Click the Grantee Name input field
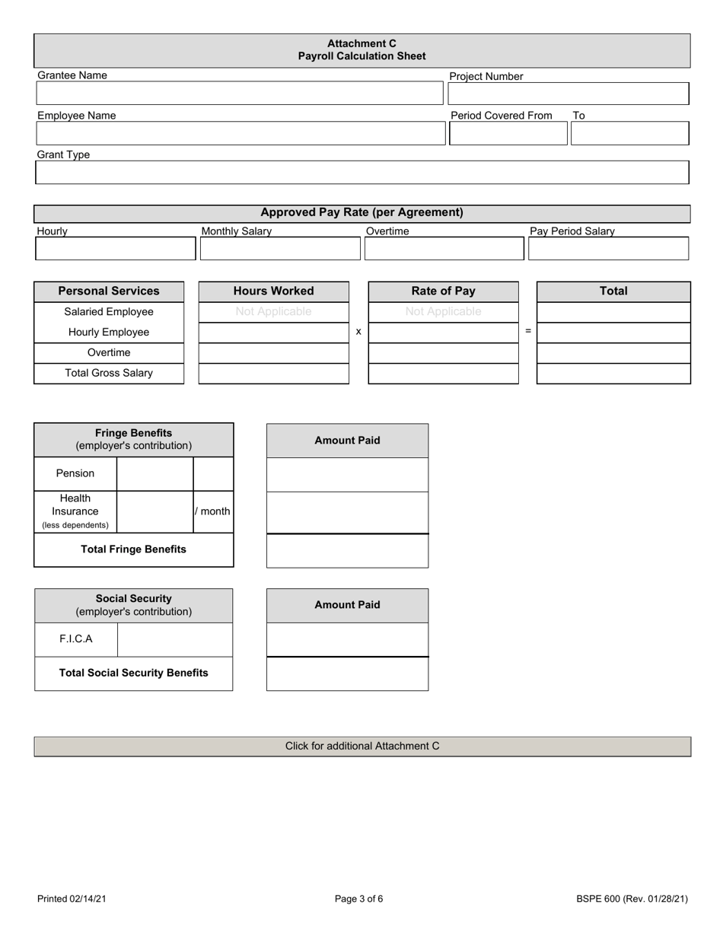point(239,94)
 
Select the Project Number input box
point(568,94)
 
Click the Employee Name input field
point(240,133)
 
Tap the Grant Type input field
point(361,173)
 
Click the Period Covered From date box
point(508,133)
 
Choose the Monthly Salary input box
point(279,249)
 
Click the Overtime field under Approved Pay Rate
point(444,249)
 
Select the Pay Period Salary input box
point(608,249)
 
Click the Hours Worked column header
point(273,291)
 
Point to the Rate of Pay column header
point(443,291)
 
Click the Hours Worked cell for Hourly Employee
point(273,333)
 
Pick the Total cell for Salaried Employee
point(613,312)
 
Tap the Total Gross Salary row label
point(109,374)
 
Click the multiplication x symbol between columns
point(358,332)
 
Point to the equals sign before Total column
point(527,332)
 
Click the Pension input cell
point(154,474)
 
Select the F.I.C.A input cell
point(175,639)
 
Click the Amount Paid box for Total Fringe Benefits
point(347,551)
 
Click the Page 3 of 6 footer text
point(358,899)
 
